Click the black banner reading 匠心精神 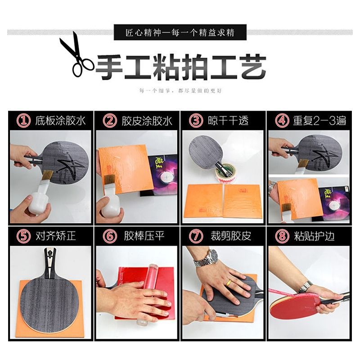(180, 33)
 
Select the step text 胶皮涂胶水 (147, 121)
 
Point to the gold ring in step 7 (229, 283)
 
